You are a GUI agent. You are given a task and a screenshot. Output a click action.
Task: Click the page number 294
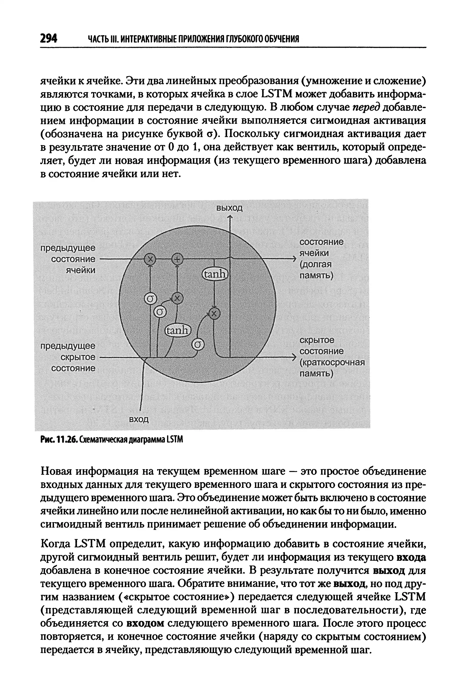tap(49, 38)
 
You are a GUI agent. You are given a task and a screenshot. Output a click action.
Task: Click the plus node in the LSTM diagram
tap(177, 259)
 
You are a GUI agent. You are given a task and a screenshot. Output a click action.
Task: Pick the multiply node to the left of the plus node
tap(150, 259)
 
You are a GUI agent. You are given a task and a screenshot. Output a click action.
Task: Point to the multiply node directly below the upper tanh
tap(214, 313)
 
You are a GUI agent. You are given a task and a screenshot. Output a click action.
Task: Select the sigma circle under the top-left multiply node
tap(150, 299)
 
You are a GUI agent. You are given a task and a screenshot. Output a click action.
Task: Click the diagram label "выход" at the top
tap(229, 208)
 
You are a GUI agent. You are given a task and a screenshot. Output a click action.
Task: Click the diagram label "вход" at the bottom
tap(139, 419)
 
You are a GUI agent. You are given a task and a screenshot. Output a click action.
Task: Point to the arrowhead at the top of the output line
tap(230, 217)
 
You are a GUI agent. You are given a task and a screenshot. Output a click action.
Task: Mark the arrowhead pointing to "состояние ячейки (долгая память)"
tap(294, 259)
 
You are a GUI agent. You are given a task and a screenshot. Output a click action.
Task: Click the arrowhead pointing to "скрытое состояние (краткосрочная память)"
tap(294, 357)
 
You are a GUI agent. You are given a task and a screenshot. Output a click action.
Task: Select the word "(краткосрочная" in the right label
tap(332, 362)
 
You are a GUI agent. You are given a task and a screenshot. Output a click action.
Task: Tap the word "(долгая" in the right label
tap(315, 264)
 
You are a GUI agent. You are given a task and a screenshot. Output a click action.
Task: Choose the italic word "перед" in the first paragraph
tap(366, 107)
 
